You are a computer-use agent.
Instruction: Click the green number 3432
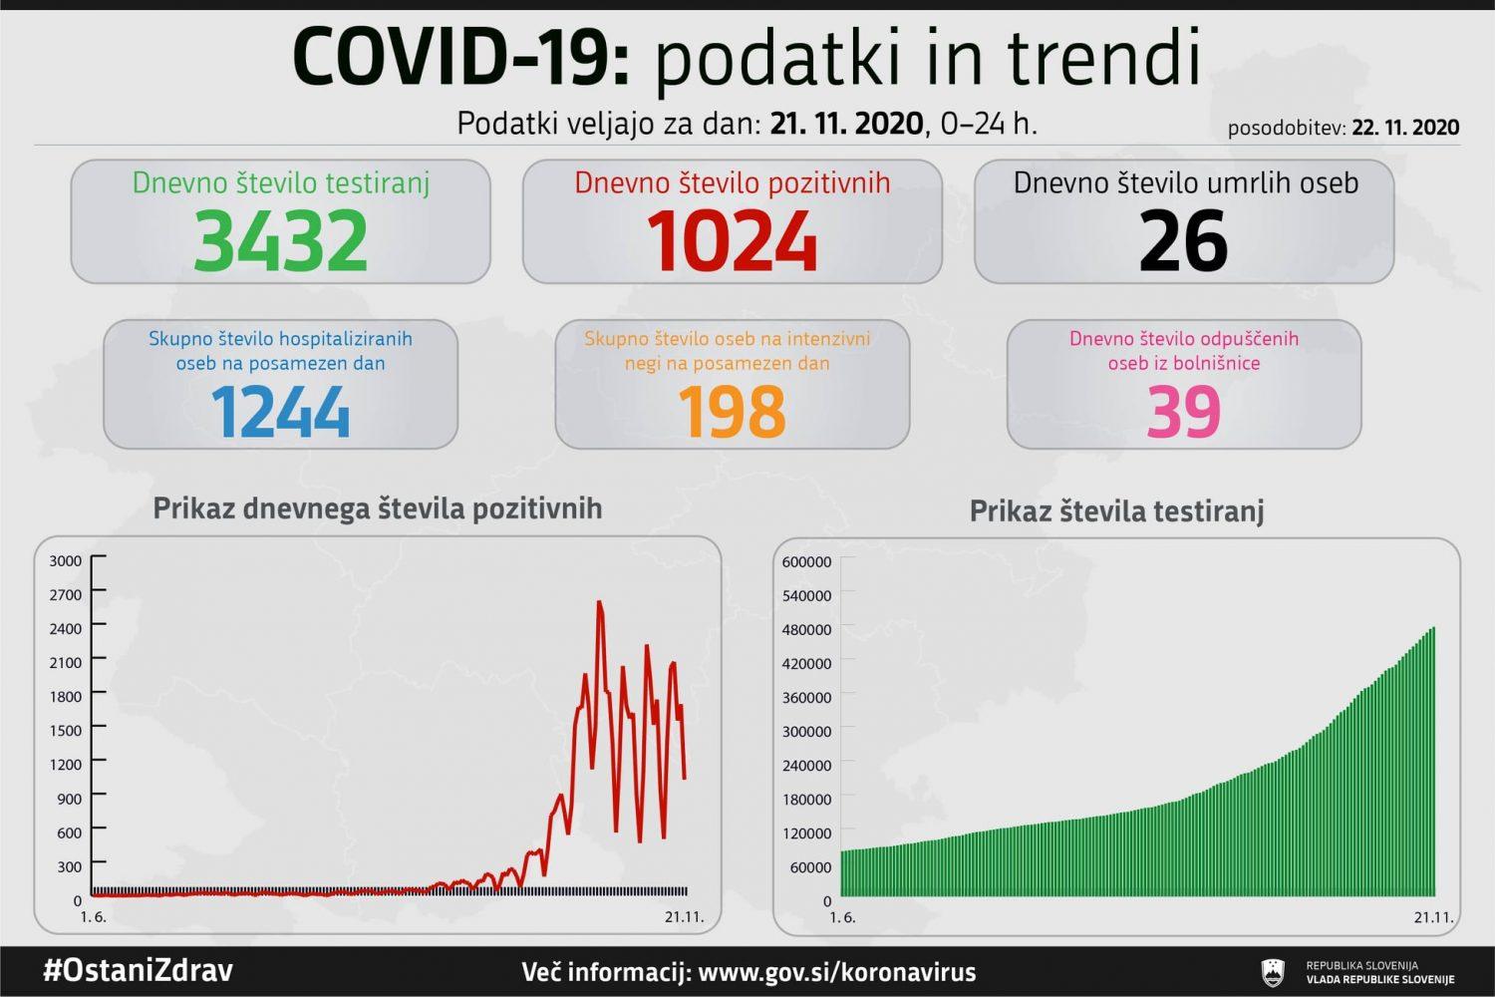click(280, 240)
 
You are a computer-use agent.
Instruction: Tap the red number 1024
click(732, 240)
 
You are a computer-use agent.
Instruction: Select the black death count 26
click(1183, 240)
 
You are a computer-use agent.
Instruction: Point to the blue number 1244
click(280, 411)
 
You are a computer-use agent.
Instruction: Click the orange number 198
click(732, 411)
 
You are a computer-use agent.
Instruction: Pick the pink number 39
click(1183, 411)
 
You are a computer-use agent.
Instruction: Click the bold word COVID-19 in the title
click(460, 58)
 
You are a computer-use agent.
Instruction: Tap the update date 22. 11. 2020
click(1405, 128)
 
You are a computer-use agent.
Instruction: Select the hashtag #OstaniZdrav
click(138, 970)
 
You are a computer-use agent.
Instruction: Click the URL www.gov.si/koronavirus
click(837, 972)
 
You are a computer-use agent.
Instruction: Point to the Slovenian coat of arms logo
click(1274, 972)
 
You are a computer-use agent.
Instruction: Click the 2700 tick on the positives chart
click(66, 594)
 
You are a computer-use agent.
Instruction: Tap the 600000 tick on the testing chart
click(806, 561)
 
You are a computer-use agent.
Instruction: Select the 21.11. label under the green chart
click(1433, 917)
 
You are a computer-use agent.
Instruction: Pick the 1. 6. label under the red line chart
click(93, 917)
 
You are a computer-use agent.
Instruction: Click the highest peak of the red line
click(599, 602)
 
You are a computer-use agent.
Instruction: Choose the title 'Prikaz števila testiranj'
click(1116, 511)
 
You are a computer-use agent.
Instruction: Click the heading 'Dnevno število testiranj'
click(280, 182)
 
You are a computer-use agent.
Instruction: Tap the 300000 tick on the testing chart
click(806, 731)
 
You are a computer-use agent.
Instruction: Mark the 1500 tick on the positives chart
click(66, 730)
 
